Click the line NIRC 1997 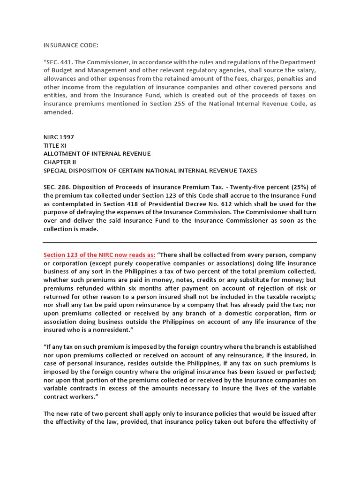tap(59, 137)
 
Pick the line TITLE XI tap(54, 146)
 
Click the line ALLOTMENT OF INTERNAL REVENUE tap(97, 154)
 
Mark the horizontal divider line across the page tap(180, 242)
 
